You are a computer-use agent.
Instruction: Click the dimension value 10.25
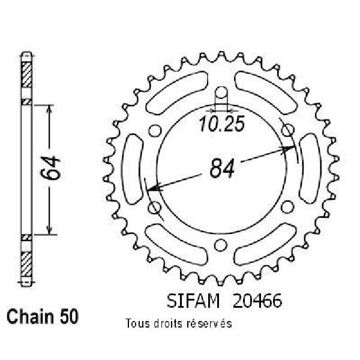click(221, 124)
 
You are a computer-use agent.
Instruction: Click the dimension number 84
click(222, 168)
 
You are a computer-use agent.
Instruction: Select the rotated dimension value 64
click(50, 167)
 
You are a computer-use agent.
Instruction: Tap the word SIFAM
click(193, 301)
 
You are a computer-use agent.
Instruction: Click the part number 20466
click(257, 301)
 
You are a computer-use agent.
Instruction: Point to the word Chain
click(30, 317)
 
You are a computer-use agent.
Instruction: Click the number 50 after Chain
click(70, 317)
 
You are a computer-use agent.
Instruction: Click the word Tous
click(137, 324)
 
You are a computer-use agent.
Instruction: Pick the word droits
click(168, 324)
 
